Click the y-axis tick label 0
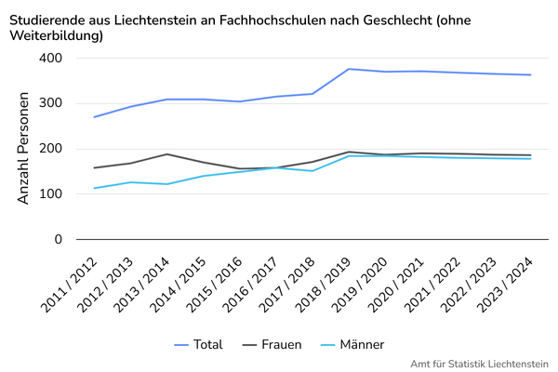pyautogui.click(x=58, y=240)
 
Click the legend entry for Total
pyautogui.click(x=199, y=345)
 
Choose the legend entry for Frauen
pyautogui.click(x=272, y=345)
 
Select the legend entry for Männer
pyautogui.click(x=352, y=345)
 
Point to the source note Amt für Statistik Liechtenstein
pyautogui.click(x=480, y=364)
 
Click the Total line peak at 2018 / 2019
pyautogui.click(x=349, y=69)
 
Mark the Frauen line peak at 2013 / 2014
pyautogui.click(x=167, y=154)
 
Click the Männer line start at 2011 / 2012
pyautogui.click(x=95, y=189)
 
